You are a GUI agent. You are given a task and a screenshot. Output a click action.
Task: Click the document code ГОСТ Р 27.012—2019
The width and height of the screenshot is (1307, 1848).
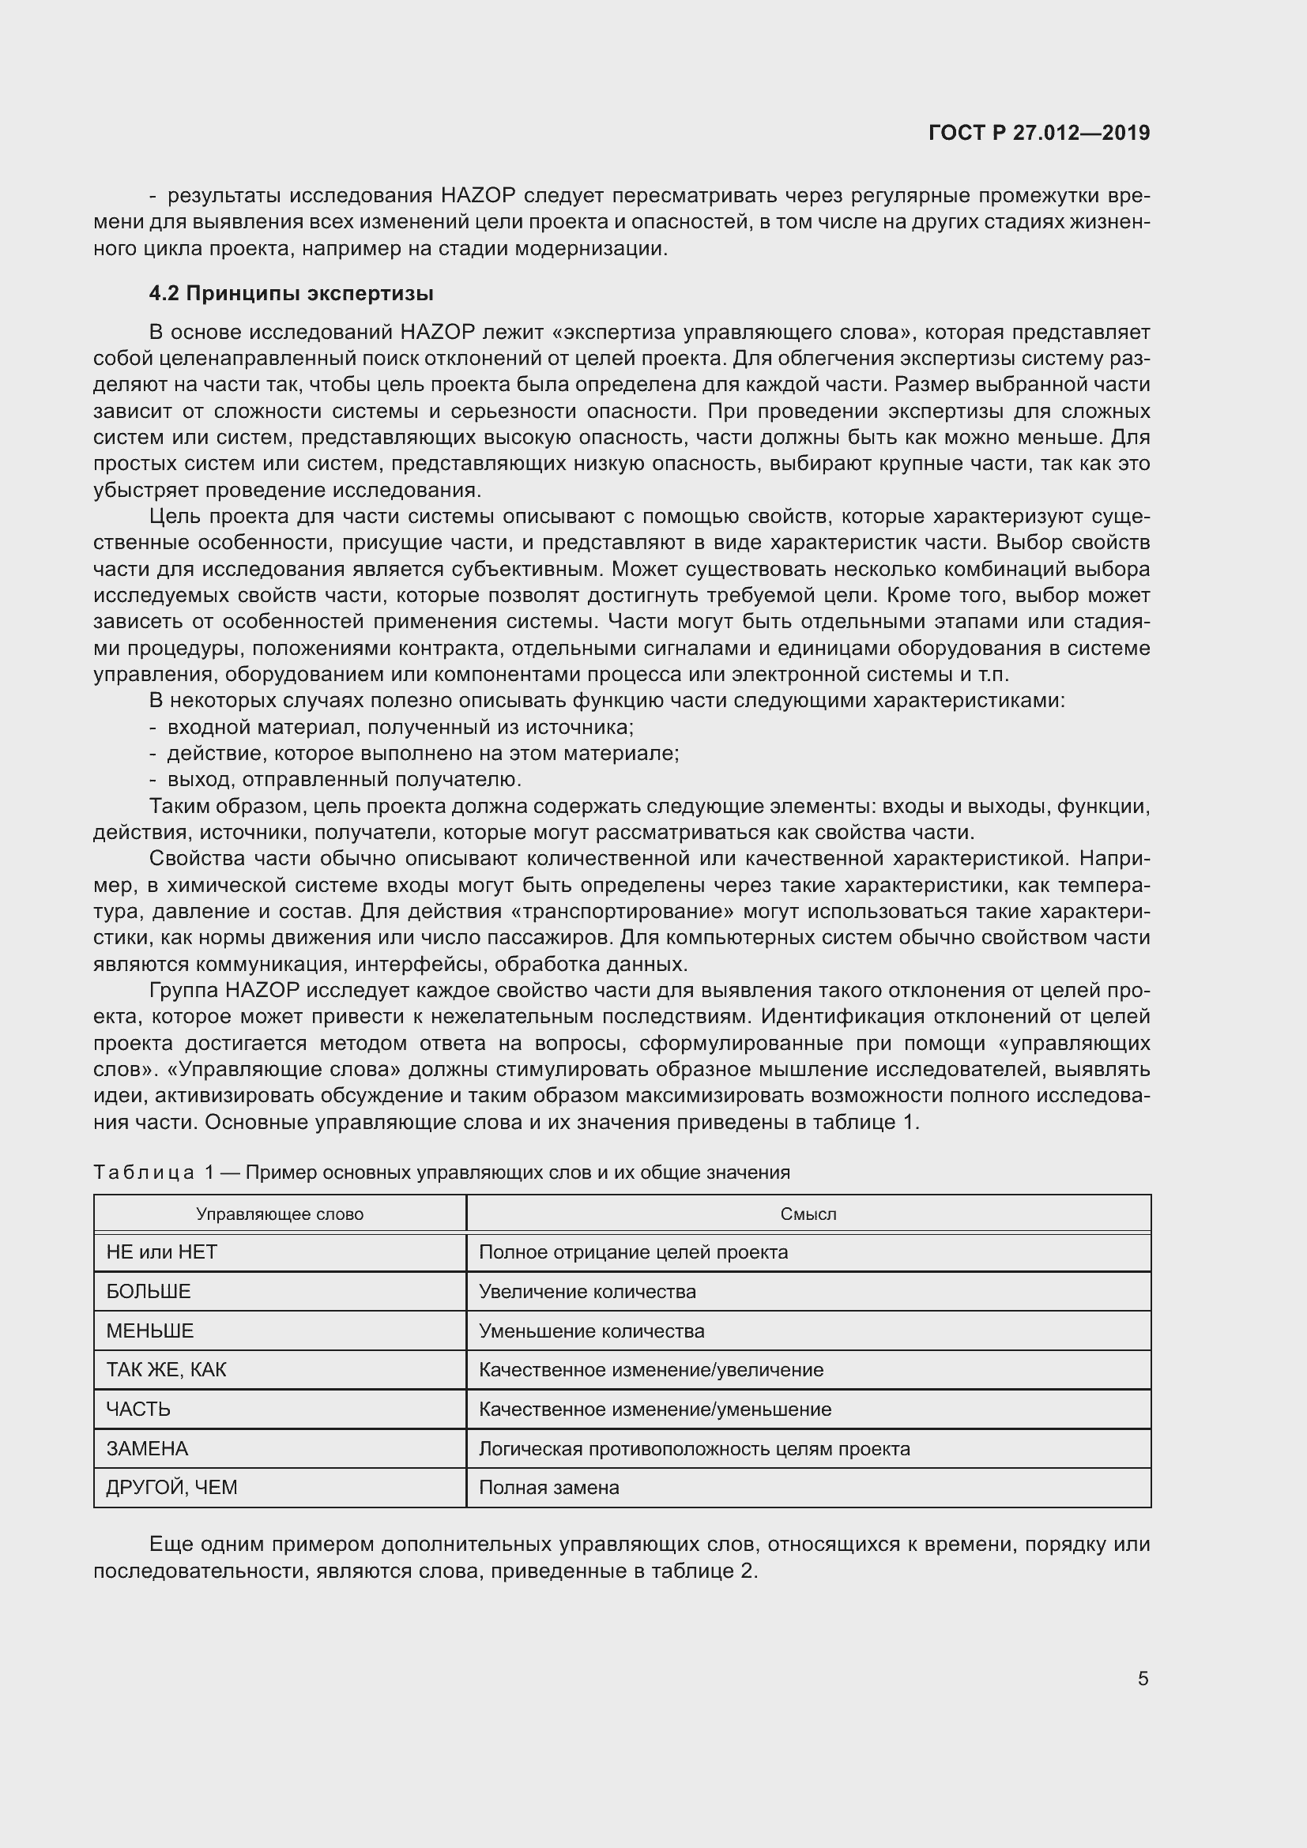(1039, 133)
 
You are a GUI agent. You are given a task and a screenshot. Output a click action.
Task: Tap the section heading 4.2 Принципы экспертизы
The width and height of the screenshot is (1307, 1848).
(292, 294)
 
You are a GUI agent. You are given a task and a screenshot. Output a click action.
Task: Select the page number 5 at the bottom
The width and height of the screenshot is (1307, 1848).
(1143, 1678)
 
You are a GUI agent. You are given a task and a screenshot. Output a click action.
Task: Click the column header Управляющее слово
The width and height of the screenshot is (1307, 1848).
(279, 1214)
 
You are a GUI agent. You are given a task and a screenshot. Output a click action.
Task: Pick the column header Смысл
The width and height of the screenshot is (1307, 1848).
(808, 1214)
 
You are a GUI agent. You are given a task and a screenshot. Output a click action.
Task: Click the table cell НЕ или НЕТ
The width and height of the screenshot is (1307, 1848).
(162, 1252)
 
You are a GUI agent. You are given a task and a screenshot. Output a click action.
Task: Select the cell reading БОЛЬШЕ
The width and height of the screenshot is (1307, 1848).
(149, 1292)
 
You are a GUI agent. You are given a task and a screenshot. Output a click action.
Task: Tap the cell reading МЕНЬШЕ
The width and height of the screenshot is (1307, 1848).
(150, 1330)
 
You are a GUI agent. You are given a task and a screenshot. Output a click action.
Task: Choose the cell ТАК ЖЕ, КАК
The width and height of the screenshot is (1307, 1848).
(167, 1370)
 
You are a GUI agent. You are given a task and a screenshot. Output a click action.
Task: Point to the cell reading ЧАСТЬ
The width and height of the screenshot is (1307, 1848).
(138, 1410)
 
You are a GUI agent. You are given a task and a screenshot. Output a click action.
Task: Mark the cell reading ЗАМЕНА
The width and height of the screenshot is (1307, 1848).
(147, 1449)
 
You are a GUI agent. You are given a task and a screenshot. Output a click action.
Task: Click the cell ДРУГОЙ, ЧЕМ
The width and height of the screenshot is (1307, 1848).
(172, 1488)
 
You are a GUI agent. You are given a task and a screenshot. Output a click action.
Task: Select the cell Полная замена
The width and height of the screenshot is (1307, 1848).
(549, 1488)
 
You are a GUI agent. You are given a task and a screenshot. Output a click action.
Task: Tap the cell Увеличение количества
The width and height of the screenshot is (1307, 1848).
(587, 1292)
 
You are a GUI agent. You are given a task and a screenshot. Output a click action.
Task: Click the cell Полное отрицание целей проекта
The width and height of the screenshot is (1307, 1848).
(634, 1252)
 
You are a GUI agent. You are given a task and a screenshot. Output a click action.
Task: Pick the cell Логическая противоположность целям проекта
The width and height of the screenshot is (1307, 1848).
(695, 1449)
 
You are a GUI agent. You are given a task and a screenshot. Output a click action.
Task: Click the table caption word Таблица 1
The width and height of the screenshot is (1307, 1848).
(153, 1172)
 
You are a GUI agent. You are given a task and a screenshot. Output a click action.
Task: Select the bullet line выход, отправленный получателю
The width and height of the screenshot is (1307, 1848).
(345, 780)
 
